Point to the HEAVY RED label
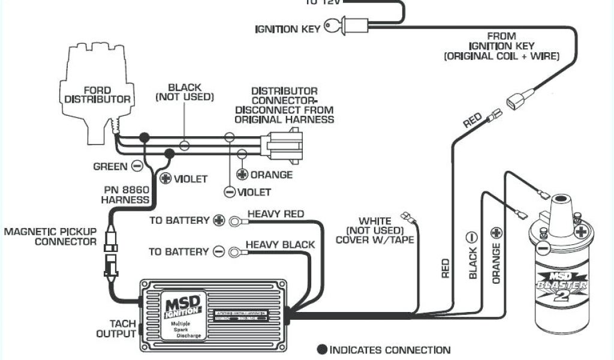[x=275, y=214]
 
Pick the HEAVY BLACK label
[x=280, y=244]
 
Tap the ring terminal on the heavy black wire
[x=234, y=252]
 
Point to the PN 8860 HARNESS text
[x=125, y=194]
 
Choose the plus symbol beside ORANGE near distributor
[x=242, y=175]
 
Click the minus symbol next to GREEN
[x=137, y=166]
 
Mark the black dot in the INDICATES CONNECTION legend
[x=322, y=350]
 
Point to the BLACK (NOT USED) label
[x=184, y=92]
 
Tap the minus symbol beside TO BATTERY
[x=219, y=252]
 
